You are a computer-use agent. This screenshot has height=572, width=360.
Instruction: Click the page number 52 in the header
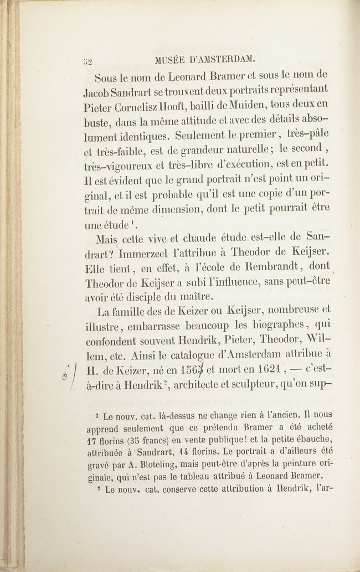click(x=88, y=61)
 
